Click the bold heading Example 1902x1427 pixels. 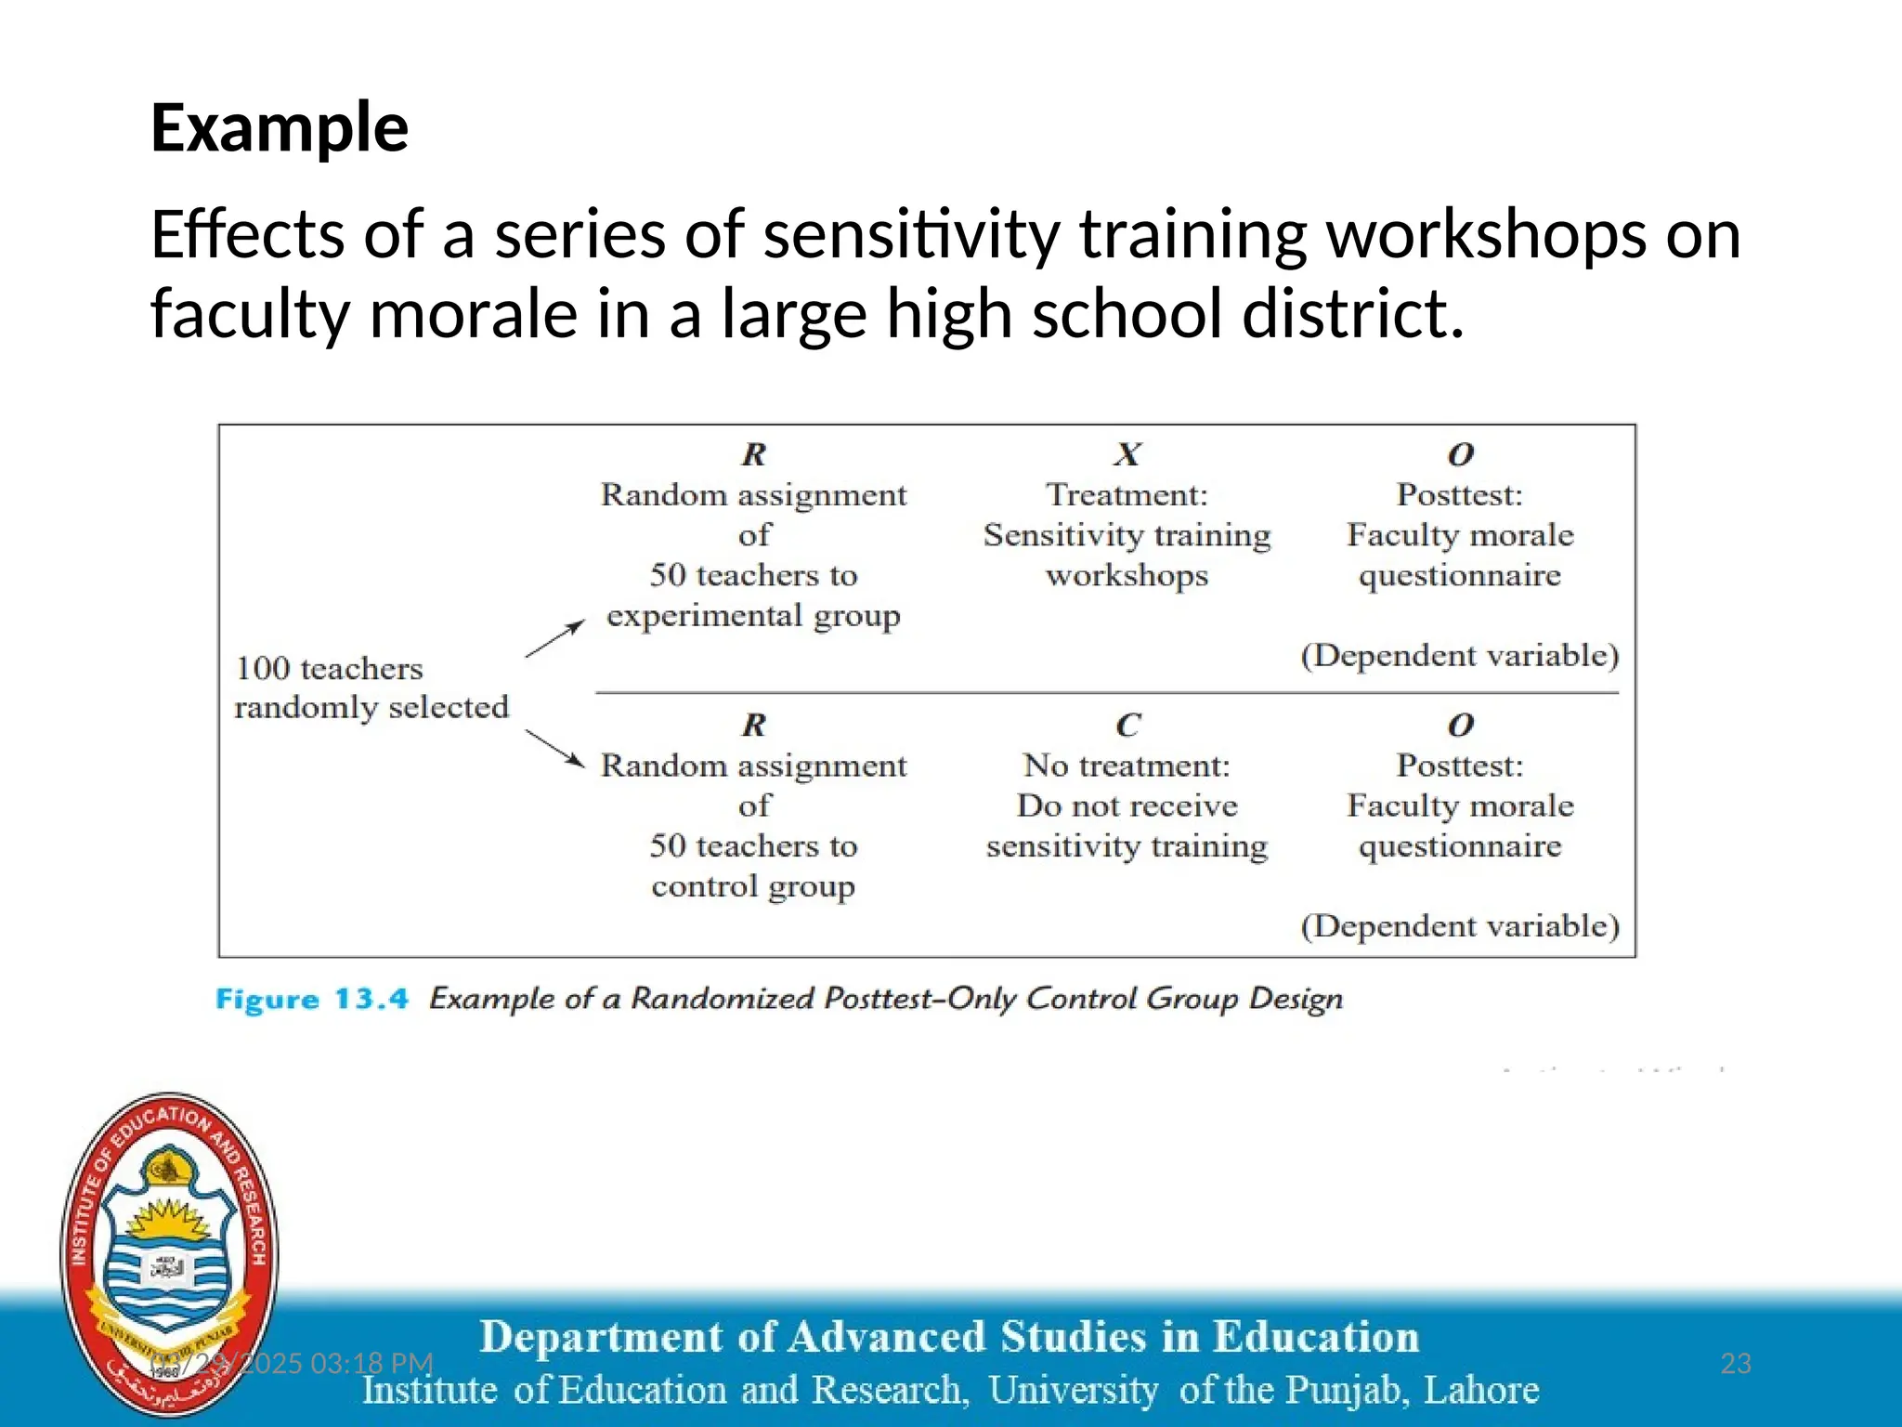point(279,128)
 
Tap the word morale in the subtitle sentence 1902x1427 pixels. point(474,314)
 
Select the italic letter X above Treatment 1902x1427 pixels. point(1127,454)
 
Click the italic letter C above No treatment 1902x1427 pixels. point(1127,725)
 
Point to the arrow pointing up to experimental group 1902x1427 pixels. point(555,638)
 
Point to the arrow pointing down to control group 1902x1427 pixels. point(555,749)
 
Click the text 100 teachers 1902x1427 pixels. point(329,668)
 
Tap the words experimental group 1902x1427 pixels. point(753,615)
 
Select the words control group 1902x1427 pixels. point(753,886)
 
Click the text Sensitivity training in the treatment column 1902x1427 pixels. point(1127,535)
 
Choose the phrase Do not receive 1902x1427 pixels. point(1127,805)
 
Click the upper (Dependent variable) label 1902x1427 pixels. point(1459,656)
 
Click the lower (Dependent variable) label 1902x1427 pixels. point(1459,926)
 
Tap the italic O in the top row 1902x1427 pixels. point(1460,454)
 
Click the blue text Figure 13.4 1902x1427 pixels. point(311,1000)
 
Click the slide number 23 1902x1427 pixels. point(1735,1363)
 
